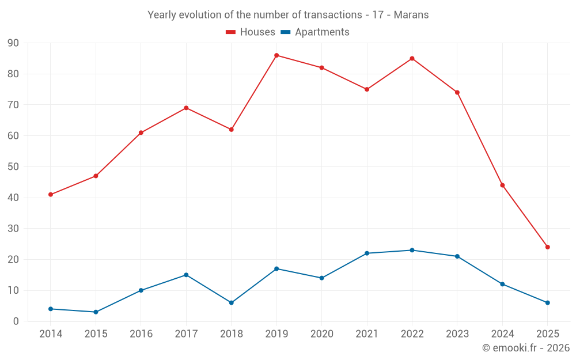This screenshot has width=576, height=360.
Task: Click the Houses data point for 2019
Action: [x=276, y=55]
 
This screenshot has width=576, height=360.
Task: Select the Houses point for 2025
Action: [x=548, y=247]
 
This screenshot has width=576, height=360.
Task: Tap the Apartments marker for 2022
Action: [x=412, y=250]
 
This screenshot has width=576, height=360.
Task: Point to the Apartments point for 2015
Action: [x=96, y=312]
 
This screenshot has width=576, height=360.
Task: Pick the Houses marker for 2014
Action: [x=51, y=195]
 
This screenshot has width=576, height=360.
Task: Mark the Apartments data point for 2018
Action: [x=232, y=303]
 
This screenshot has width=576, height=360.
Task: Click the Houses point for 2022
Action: [x=412, y=58]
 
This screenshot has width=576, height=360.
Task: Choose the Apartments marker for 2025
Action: [x=548, y=303]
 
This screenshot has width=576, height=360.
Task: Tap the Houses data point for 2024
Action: [x=502, y=185]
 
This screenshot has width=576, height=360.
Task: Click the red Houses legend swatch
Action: [x=231, y=32]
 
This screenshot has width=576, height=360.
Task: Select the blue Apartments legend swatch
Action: [x=285, y=32]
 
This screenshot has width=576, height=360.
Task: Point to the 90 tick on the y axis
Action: [x=13, y=43]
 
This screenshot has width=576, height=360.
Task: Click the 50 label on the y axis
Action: [x=13, y=167]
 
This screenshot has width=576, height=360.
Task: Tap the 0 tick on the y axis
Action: [x=16, y=321]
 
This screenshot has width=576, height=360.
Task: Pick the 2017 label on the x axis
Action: [x=186, y=334]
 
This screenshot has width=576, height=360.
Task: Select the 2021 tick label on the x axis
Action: [x=367, y=334]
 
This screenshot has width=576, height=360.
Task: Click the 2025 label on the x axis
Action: [x=548, y=334]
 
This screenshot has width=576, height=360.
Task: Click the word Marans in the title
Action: [x=411, y=15]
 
